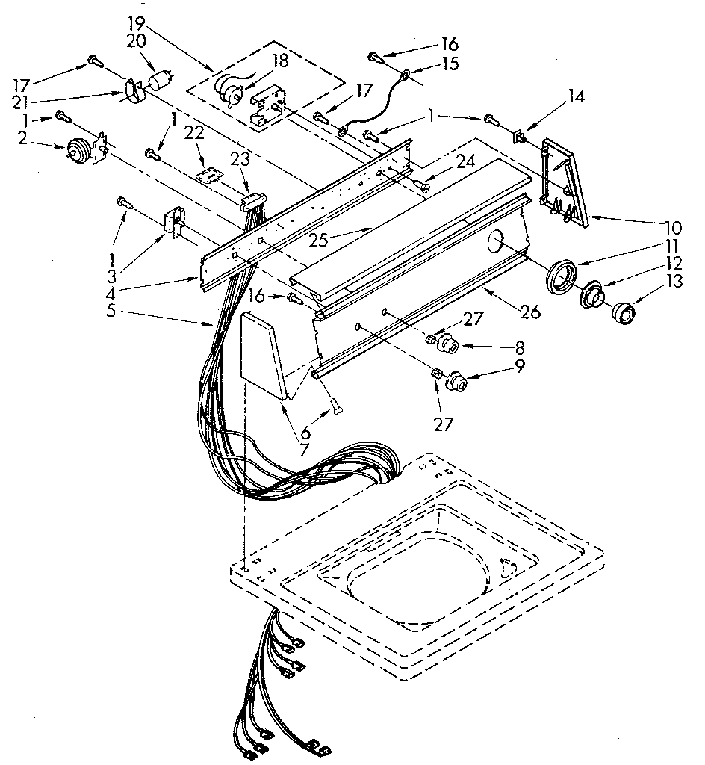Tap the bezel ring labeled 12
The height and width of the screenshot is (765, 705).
click(592, 295)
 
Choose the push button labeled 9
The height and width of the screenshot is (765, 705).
click(455, 383)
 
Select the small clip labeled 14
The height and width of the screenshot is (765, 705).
click(518, 137)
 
